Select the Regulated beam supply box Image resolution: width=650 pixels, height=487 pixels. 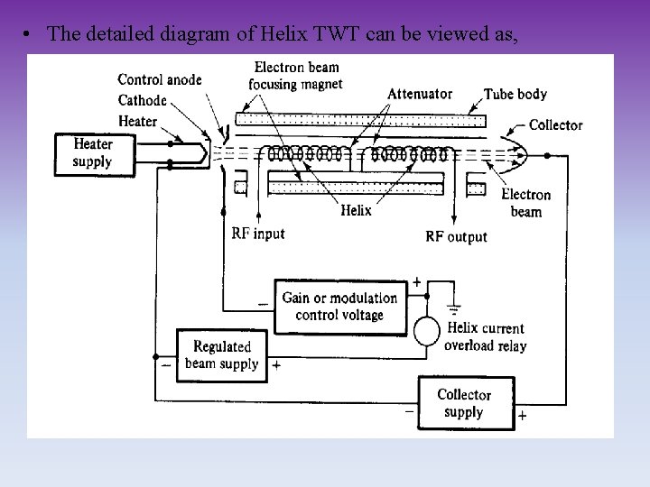(221, 354)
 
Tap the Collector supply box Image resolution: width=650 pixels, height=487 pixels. (463, 403)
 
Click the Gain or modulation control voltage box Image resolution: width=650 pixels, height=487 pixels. (339, 307)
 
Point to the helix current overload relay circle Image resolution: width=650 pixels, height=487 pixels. (427, 331)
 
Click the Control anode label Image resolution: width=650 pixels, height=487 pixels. (159, 80)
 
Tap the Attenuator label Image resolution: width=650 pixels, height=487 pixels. (420, 94)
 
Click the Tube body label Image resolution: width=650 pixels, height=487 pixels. (515, 94)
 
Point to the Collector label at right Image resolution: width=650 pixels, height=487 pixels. (555, 125)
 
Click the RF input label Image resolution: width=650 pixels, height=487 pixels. (257, 234)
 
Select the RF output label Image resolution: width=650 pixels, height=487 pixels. (456, 236)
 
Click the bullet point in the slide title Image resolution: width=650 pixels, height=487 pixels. (31, 34)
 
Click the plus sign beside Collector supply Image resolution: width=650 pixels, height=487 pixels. (522, 417)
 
